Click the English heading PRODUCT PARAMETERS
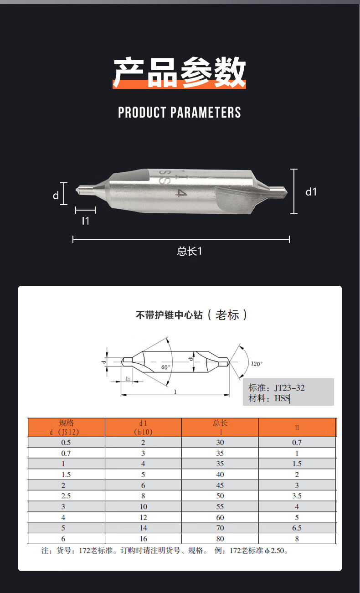[x=180, y=112]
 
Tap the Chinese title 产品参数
[x=180, y=72]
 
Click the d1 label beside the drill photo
[x=311, y=192]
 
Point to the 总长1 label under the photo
[x=190, y=251]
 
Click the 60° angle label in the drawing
[x=166, y=367]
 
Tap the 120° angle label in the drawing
[x=257, y=364]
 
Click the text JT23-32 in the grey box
[x=289, y=388]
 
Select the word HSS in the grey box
[x=282, y=398]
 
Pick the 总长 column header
[x=220, y=423]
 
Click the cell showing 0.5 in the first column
[x=66, y=443]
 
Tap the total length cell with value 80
[x=220, y=539]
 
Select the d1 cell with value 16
[x=143, y=539]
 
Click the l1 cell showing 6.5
[x=297, y=528]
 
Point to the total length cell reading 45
[x=220, y=485]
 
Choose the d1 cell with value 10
[x=143, y=507]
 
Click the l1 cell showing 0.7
[x=297, y=443]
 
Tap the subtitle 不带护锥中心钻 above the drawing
[x=169, y=315]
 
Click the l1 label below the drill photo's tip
[x=86, y=221]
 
